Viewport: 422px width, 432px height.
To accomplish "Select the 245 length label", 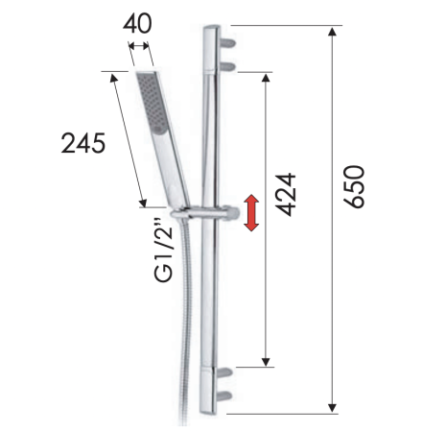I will click(82, 144).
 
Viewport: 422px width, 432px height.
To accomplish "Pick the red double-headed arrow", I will click(251, 212).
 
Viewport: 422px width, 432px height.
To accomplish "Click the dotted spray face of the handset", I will click(149, 97).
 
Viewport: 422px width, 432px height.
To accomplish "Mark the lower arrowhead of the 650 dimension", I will click(333, 407).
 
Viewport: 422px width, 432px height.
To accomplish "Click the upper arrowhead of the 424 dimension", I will click(266, 77).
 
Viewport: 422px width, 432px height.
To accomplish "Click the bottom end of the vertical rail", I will click(211, 411).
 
